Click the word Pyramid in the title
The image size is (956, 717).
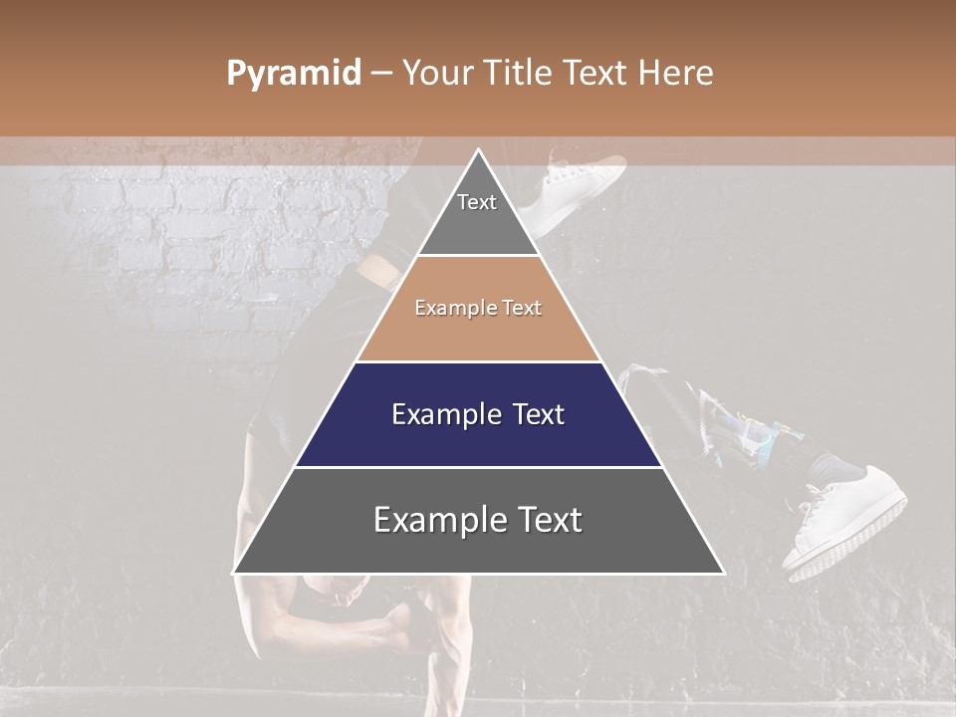pos(293,74)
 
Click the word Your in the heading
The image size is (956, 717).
pos(435,73)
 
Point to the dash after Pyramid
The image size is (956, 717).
pos(380,74)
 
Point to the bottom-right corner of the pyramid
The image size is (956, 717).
pos(723,573)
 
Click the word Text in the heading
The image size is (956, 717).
pos(597,73)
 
